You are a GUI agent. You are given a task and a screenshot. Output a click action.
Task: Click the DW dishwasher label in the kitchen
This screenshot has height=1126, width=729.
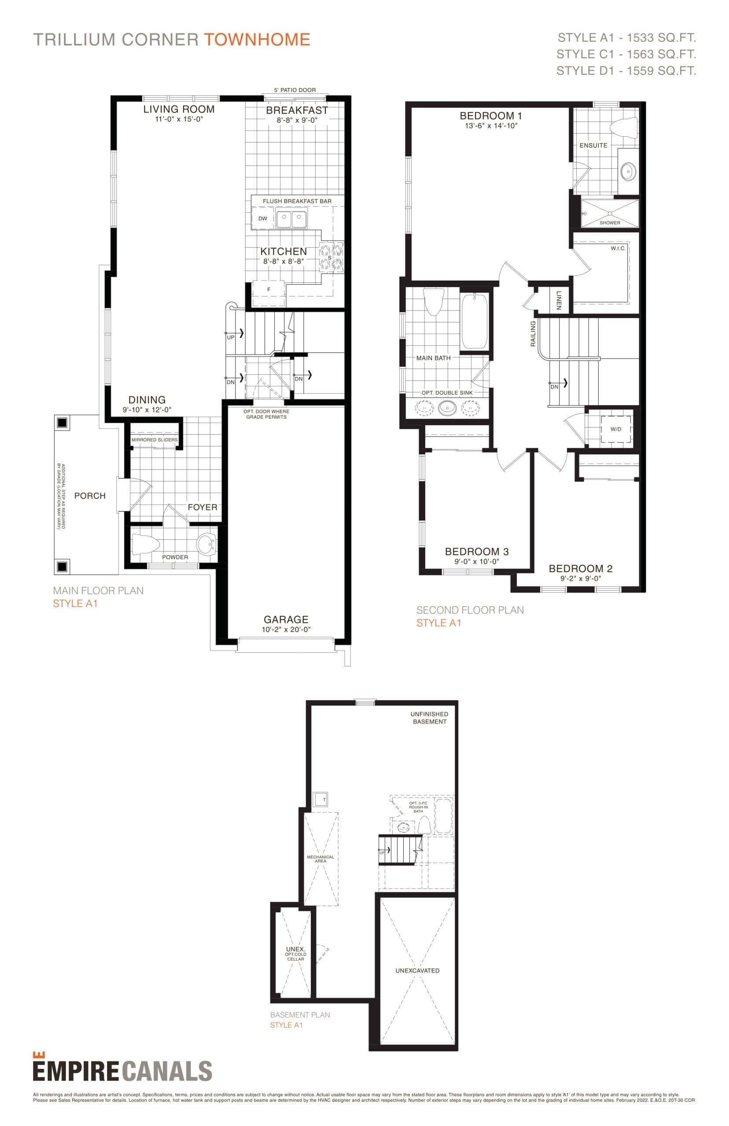click(x=263, y=219)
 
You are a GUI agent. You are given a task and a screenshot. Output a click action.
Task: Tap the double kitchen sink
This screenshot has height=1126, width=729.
click(x=291, y=219)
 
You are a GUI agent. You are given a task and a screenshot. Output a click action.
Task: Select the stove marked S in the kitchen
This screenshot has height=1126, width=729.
click(x=331, y=258)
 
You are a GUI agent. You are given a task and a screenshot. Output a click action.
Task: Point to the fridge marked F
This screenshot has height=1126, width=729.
click(x=269, y=290)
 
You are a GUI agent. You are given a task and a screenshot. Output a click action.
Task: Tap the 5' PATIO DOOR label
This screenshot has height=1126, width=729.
click(x=295, y=90)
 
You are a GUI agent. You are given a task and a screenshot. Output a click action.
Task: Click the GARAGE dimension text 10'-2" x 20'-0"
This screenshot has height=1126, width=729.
click(x=286, y=629)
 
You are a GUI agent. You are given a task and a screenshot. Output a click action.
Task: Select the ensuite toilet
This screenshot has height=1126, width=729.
click(x=624, y=128)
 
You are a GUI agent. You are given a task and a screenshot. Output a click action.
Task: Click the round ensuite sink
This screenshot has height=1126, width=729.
click(x=628, y=171)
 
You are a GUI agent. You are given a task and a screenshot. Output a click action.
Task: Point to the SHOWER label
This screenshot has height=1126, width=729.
click(x=610, y=223)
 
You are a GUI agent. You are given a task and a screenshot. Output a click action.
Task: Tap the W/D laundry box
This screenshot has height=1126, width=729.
click(x=615, y=429)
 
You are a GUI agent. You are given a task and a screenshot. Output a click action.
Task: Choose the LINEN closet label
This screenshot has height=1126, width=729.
click(x=559, y=300)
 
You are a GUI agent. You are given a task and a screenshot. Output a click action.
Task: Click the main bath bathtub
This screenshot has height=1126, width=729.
click(x=474, y=322)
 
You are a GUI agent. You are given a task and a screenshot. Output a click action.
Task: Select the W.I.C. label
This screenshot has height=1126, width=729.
click(x=618, y=248)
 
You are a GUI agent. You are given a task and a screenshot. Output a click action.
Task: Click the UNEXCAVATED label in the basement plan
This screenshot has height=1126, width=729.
click(x=417, y=970)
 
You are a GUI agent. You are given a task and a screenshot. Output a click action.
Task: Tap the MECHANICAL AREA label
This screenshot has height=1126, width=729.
click(x=320, y=859)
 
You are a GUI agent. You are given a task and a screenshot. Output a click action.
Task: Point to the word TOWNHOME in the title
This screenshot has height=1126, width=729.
click(x=257, y=39)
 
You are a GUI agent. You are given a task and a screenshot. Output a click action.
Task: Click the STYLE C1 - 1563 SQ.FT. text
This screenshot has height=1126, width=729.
click(x=626, y=55)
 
